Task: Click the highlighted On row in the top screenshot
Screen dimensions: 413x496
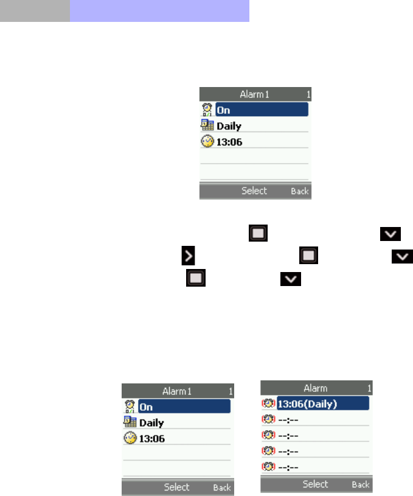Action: (262, 110)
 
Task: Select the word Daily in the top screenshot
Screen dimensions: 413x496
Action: (229, 127)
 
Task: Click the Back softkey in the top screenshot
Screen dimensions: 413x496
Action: (299, 191)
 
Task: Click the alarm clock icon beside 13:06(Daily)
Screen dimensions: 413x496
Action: (268, 403)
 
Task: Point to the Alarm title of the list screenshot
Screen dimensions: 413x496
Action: (316, 388)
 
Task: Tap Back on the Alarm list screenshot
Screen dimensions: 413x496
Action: (361, 485)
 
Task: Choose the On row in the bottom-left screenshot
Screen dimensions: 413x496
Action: (184, 407)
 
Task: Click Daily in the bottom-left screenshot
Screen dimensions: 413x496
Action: (151, 423)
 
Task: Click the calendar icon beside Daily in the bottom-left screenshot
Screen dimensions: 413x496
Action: (130, 422)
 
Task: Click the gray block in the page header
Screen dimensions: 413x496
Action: (35, 11)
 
